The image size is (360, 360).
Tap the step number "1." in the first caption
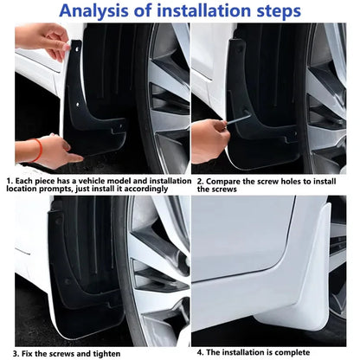pos(9,181)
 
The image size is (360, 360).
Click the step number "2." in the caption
pos(198,181)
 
